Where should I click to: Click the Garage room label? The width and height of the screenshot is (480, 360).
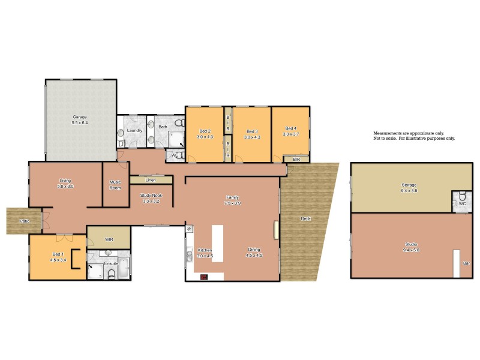coord(80,117)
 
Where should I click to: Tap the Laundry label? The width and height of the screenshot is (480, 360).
coord(135,130)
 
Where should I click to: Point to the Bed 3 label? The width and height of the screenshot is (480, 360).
coord(252,131)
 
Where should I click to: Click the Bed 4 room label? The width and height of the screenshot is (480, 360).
coord(290,128)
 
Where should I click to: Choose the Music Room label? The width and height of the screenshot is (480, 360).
coord(115,185)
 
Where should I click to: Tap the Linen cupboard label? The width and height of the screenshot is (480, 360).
coord(151,180)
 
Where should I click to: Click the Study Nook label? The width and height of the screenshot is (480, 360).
coord(152,195)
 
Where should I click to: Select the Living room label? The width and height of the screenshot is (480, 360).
coord(65,181)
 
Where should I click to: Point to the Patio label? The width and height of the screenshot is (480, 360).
coord(25,221)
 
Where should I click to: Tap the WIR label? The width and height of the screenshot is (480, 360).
coord(109,239)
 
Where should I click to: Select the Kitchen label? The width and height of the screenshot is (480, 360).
coord(205,250)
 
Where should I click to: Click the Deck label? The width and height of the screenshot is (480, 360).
coord(305,218)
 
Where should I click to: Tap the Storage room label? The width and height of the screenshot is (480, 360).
coord(409,185)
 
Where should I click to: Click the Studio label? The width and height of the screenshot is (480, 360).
coord(410,244)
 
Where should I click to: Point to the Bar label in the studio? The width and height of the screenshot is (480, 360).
coord(466,263)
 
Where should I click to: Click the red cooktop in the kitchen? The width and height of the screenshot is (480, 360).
coord(204,277)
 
